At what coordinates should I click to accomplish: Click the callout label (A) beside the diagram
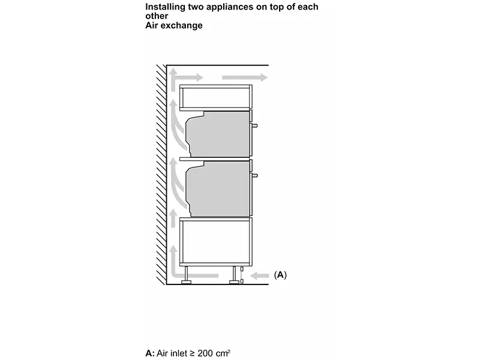(280, 275)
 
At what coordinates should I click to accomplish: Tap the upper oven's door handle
(256, 126)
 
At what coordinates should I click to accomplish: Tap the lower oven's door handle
(256, 175)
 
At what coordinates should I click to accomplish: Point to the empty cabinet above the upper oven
(216, 97)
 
